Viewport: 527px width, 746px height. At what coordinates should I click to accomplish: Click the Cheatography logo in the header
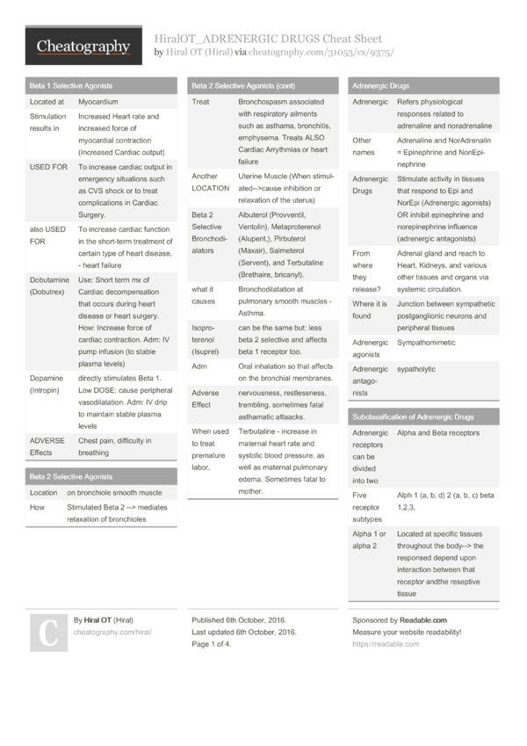84,46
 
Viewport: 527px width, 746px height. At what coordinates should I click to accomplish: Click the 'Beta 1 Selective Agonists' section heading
71,86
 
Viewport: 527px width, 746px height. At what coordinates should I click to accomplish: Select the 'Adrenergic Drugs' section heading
380,86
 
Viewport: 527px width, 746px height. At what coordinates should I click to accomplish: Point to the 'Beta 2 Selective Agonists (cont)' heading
243,86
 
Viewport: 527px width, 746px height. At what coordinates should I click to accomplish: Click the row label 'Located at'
47,102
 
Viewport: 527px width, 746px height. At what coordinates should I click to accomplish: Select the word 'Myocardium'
98,102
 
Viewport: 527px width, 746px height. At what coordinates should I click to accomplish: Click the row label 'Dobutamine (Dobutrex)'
48,286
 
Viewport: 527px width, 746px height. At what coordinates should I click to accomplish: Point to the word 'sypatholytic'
416,369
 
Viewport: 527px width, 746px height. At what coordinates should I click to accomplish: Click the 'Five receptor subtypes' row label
368,507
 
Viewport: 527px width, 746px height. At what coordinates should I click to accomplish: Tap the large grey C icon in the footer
48,630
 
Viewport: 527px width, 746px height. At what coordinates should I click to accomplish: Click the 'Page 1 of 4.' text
212,644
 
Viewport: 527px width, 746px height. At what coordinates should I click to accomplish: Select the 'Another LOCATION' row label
211,182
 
